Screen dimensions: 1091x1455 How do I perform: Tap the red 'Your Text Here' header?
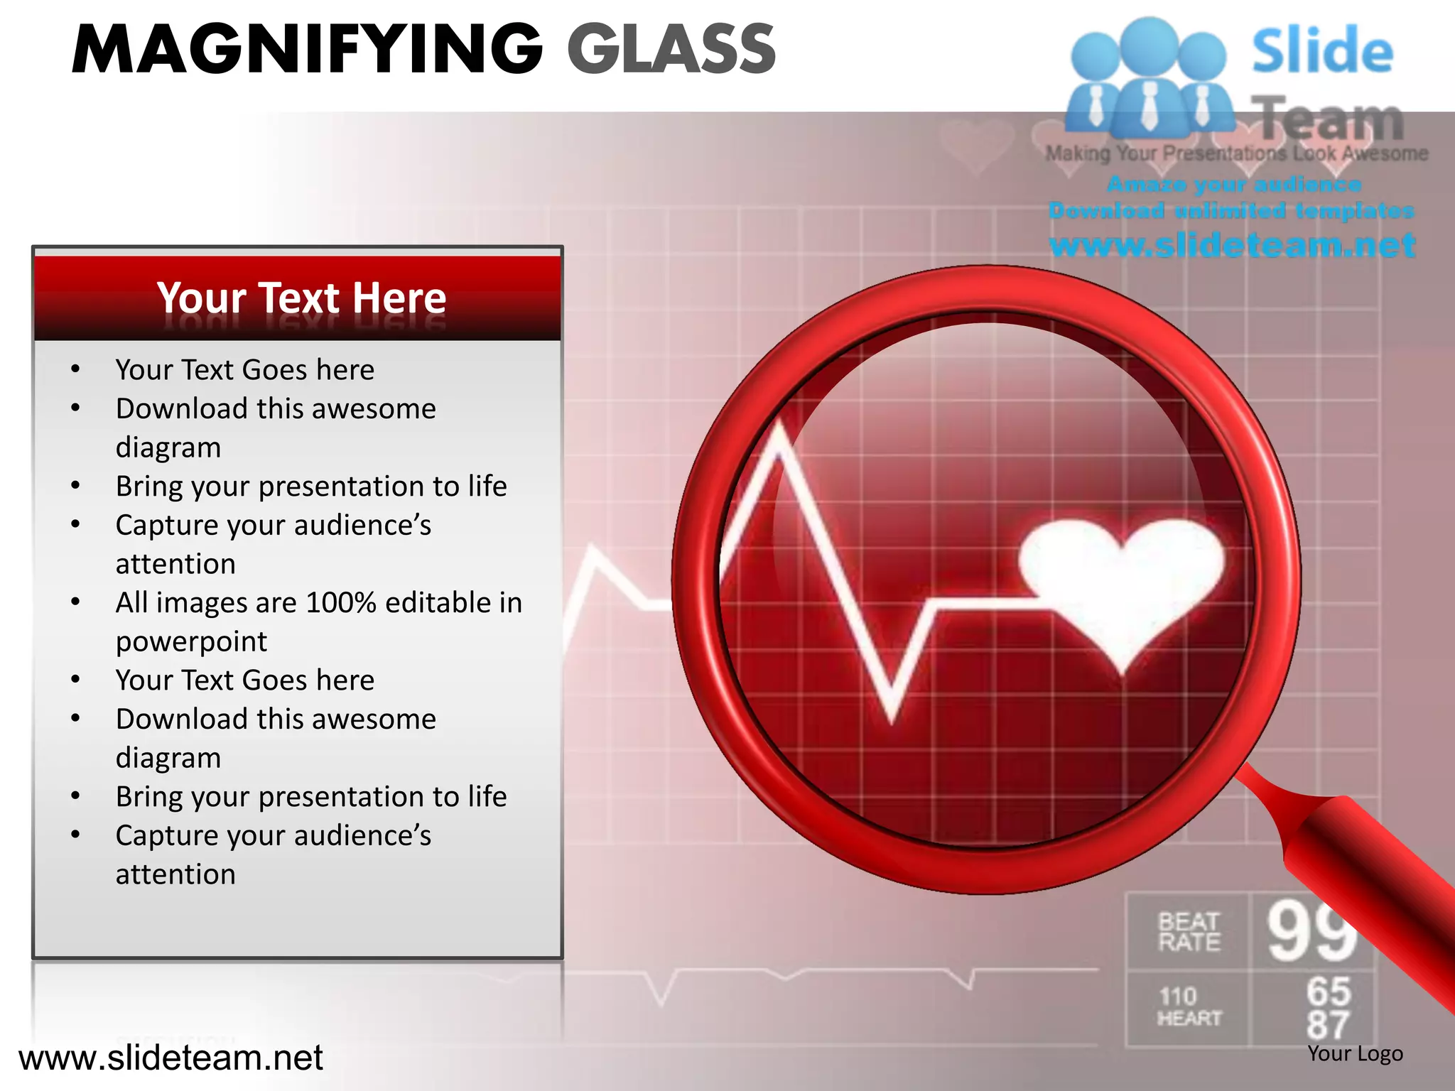click(x=301, y=298)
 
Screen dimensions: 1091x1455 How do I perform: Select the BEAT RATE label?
click(x=1189, y=932)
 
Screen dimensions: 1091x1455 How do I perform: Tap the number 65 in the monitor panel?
click(x=1328, y=991)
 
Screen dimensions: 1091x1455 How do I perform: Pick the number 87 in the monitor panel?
click(x=1328, y=1025)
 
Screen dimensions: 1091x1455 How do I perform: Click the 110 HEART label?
click(x=1189, y=1007)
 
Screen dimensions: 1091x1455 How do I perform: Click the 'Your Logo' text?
click(x=1355, y=1053)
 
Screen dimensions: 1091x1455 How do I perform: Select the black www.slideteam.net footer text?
click(x=171, y=1058)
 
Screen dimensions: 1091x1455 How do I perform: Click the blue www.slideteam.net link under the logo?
click(x=1232, y=245)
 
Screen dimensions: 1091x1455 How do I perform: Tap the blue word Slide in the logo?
click(x=1322, y=51)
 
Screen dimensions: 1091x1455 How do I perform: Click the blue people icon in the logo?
click(x=1148, y=78)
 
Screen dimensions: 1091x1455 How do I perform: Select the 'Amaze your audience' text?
click(x=1233, y=185)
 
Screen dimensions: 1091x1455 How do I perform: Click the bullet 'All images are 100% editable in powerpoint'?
click(x=318, y=622)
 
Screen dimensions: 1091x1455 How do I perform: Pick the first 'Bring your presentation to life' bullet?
click(x=311, y=487)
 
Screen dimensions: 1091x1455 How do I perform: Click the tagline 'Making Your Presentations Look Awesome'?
click(x=1236, y=153)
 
